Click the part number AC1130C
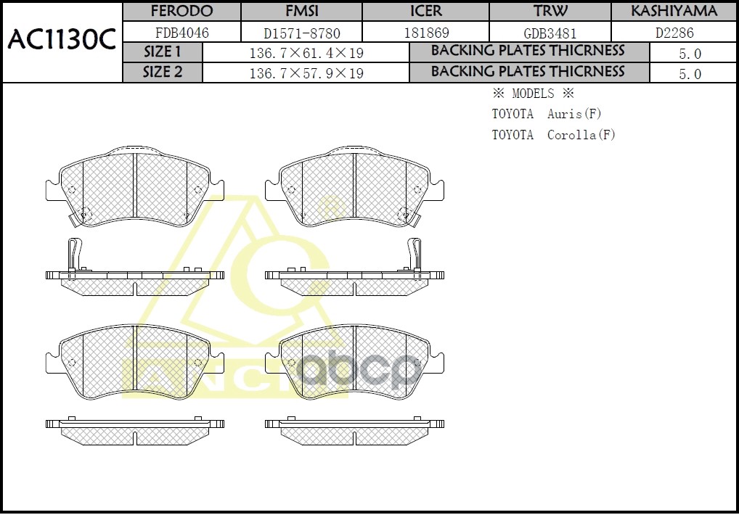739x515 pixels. [62, 41]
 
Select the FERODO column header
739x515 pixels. [181, 12]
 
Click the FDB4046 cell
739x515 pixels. [181, 33]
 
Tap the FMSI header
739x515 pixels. [301, 12]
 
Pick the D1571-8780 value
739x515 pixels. [301, 33]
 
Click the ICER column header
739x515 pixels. [425, 12]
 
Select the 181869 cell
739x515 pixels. [425, 33]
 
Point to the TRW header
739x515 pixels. [550, 12]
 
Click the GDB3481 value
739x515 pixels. [550, 33]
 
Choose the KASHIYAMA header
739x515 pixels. [674, 12]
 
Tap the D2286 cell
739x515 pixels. [674, 33]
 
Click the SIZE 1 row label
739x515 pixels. [163, 52]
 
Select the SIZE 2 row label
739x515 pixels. [163, 73]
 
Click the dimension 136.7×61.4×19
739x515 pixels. [306, 54]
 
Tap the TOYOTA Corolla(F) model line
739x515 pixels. [553, 135]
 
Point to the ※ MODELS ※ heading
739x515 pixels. [533, 94]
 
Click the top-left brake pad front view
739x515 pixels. [135, 187]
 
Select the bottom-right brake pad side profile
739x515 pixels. [354, 431]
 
